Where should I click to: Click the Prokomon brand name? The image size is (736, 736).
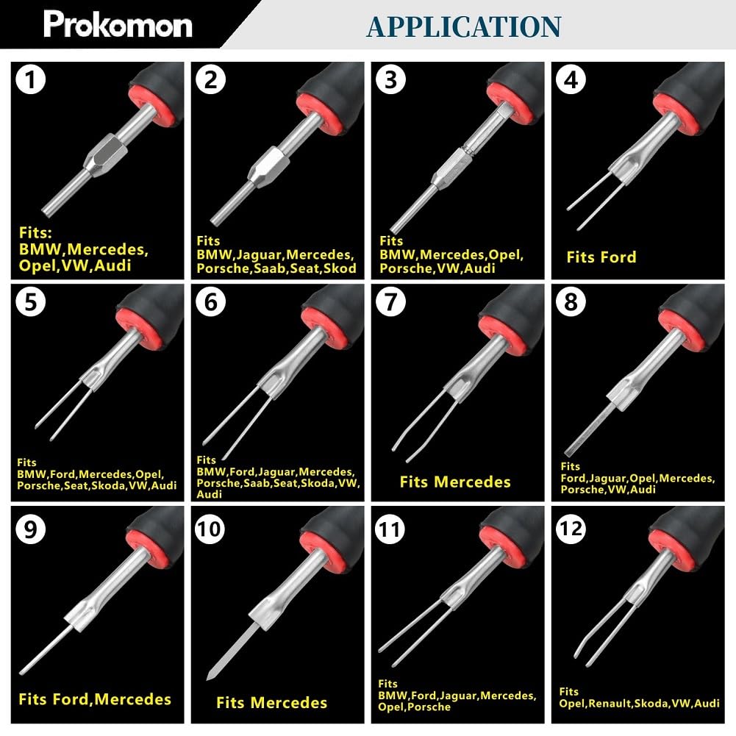click(118, 24)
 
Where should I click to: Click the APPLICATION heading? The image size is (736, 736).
click(464, 26)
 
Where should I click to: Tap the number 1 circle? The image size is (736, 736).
click(30, 79)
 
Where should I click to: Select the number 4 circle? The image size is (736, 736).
click(571, 79)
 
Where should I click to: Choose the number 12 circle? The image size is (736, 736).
click(571, 529)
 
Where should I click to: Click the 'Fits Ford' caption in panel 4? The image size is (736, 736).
click(601, 257)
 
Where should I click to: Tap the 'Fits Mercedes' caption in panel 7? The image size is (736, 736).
click(455, 482)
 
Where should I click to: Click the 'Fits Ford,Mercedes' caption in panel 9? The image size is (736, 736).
click(95, 699)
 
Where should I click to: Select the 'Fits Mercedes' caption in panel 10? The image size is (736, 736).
click(272, 703)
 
